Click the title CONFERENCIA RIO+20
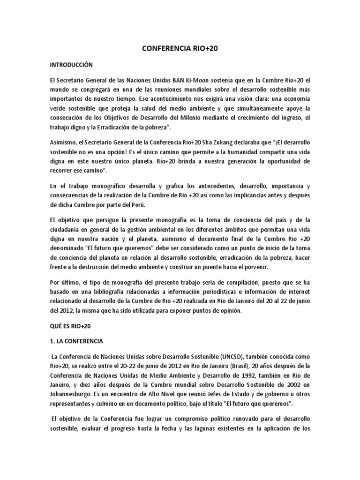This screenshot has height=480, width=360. [x=180, y=48]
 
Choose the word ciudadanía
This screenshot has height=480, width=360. [x=68, y=229]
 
